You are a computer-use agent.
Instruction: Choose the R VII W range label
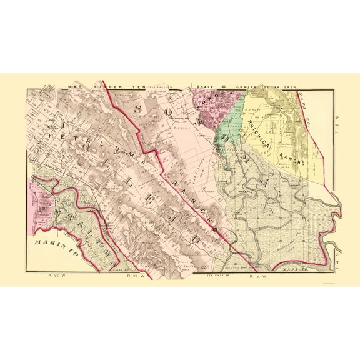[56, 275]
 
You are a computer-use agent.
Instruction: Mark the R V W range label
[258, 275]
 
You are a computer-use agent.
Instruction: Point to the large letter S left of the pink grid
[138, 109]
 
